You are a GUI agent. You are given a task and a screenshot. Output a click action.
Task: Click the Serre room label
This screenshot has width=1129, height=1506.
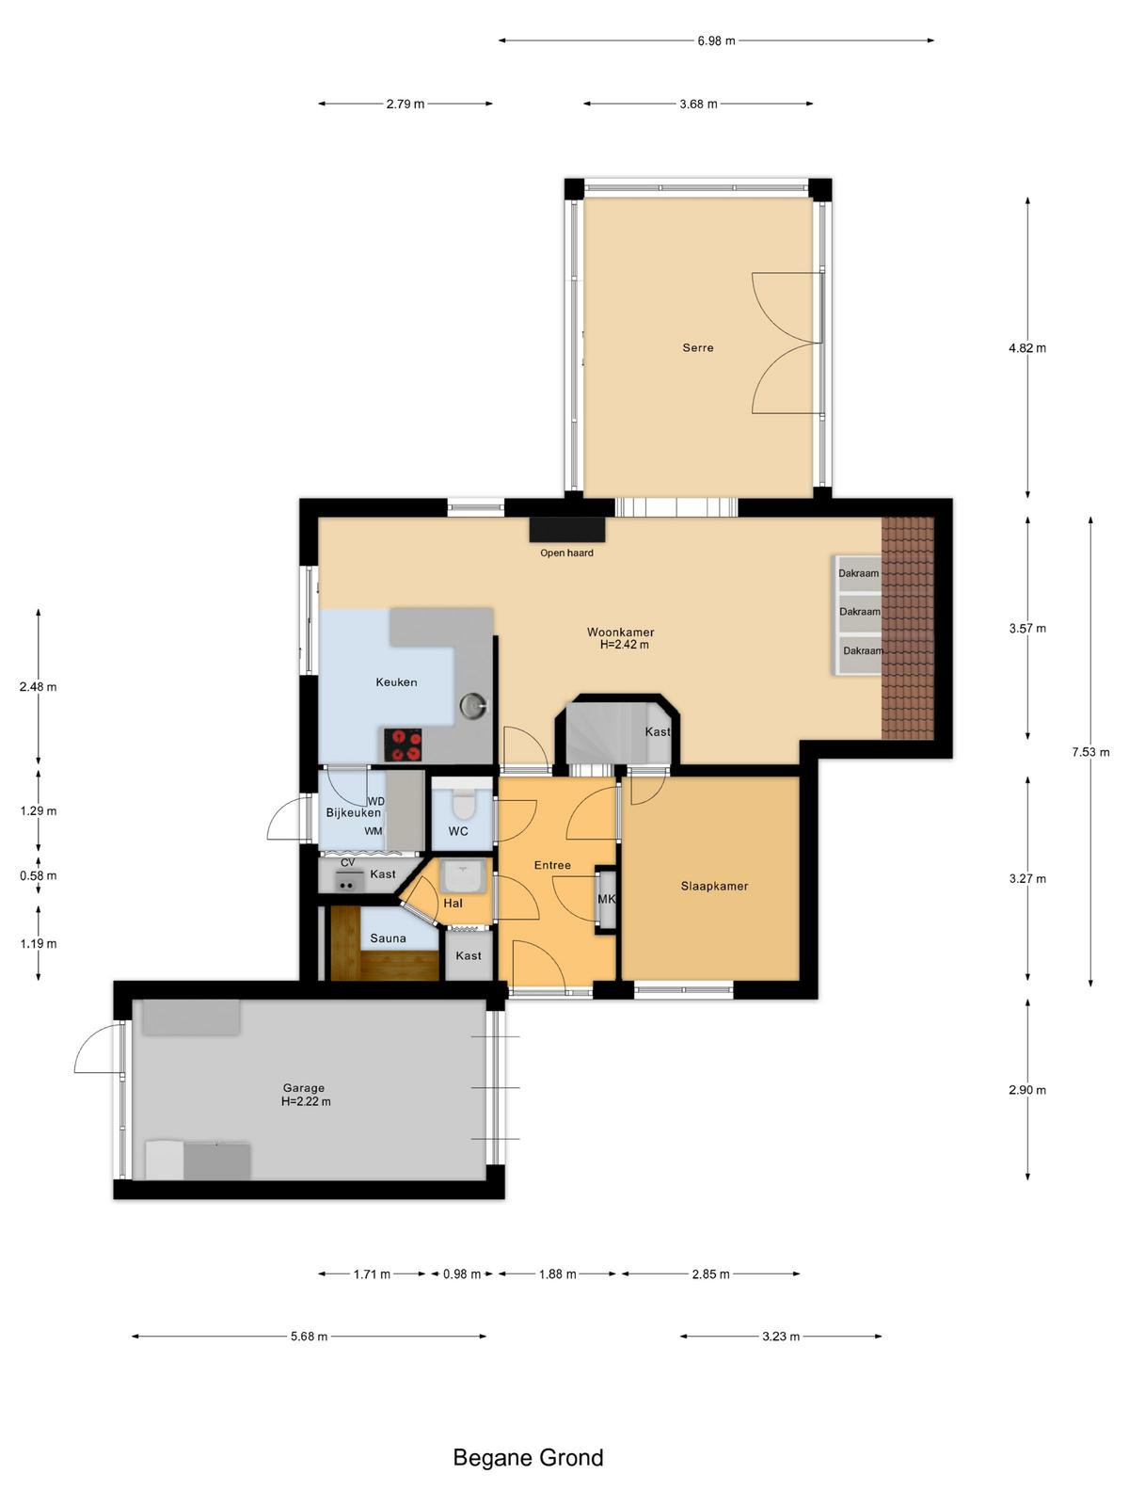[x=698, y=348]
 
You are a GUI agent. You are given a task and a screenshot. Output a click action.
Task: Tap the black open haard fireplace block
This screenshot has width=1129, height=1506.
[x=567, y=530]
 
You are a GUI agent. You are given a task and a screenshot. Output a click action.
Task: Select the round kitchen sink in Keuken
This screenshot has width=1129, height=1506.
[x=473, y=705]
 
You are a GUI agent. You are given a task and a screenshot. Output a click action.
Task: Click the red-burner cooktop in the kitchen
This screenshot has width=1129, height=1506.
[x=403, y=745]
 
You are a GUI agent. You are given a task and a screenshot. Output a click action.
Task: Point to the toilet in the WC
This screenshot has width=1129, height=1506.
[x=463, y=804]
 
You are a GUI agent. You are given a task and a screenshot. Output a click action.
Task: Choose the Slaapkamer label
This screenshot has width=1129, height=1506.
[x=714, y=886]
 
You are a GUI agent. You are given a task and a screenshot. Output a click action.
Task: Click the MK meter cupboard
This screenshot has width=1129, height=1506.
[x=606, y=899]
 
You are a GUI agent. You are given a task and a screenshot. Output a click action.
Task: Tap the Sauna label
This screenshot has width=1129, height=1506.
[x=388, y=937]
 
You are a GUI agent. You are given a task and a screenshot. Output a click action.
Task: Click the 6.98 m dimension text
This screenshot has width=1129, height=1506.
[x=716, y=40]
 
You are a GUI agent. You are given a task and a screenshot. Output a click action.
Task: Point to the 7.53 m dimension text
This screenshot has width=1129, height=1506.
[x=1090, y=752]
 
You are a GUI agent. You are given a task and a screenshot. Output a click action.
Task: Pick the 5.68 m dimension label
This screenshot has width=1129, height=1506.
[x=310, y=1336]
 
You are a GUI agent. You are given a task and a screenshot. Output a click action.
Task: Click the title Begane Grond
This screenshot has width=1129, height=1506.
[x=529, y=1457]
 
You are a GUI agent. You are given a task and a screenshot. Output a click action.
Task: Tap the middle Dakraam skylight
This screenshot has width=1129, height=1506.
[x=858, y=611]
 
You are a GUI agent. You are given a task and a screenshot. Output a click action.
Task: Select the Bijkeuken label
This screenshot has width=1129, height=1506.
[x=353, y=812]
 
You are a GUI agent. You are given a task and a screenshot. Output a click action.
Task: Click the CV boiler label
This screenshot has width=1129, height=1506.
[x=347, y=862]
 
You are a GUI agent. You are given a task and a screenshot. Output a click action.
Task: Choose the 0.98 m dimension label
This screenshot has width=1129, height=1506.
[x=462, y=1274]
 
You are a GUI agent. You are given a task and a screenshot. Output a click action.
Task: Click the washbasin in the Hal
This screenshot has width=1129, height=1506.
[x=463, y=875]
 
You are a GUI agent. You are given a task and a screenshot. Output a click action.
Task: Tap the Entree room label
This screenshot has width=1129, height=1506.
[x=552, y=865]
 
